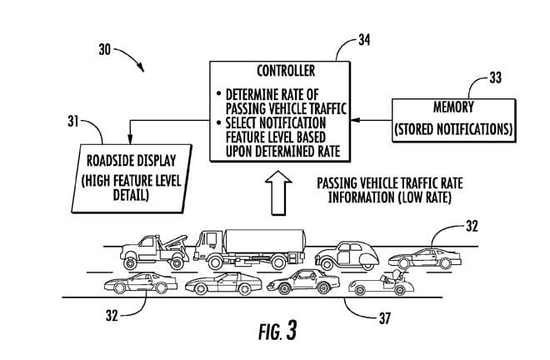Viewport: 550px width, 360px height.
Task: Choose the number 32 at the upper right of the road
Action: [x=473, y=226]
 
